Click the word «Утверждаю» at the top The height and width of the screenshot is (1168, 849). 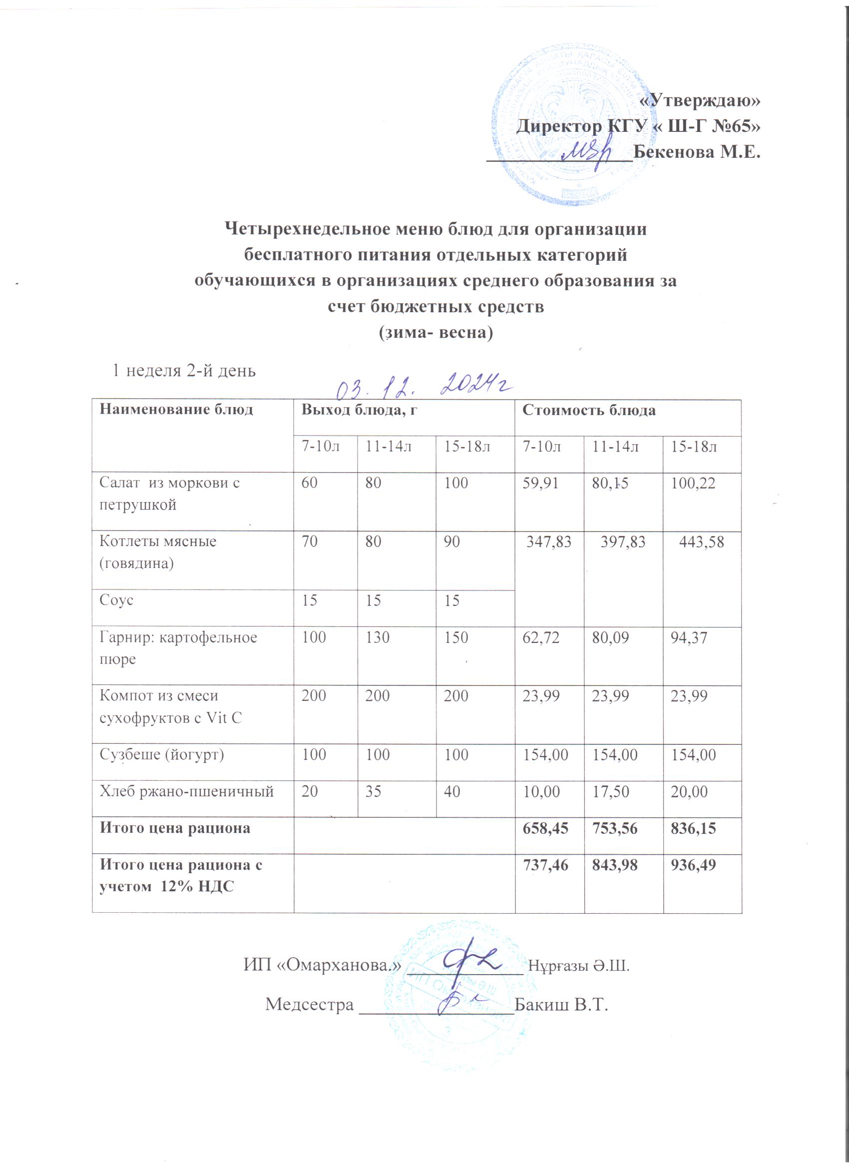click(x=699, y=100)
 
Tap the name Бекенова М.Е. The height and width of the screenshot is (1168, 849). click(x=697, y=152)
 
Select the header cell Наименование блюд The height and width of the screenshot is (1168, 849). click(x=176, y=410)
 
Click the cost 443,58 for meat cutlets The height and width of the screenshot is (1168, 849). click(x=702, y=542)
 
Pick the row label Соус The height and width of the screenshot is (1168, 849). click(x=116, y=600)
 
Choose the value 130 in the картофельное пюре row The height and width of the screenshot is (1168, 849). click(x=377, y=637)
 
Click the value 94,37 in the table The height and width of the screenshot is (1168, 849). click(x=689, y=638)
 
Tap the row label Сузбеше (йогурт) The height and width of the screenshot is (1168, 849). click(x=162, y=755)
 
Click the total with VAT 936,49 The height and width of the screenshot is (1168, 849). click(x=693, y=865)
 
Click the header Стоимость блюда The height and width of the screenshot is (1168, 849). click(x=589, y=411)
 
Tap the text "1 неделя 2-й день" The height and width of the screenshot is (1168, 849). click(x=184, y=371)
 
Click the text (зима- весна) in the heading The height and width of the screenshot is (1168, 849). click(x=436, y=333)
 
